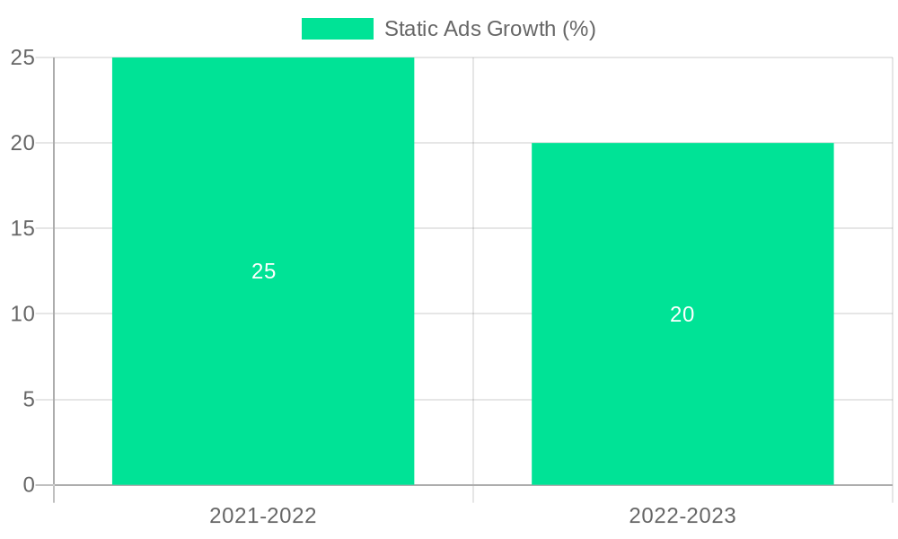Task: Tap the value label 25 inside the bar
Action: [x=263, y=271]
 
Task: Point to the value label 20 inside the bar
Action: [x=682, y=314]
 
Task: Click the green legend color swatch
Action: [x=337, y=29]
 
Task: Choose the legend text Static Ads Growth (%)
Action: [x=489, y=29]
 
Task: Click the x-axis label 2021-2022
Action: [x=263, y=516]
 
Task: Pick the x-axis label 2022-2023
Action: [x=682, y=516]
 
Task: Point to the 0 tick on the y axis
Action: [x=28, y=485]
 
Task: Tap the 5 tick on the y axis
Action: [x=28, y=400]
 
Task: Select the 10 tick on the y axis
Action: [x=22, y=314]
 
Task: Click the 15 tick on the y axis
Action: [x=22, y=228]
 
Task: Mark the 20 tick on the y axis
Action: [x=22, y=143]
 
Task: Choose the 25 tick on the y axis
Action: [x=22, y=57]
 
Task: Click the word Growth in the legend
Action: [x=522, y=29]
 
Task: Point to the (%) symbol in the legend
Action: [x=579, y=29]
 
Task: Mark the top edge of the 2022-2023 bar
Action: [x=682, y=144]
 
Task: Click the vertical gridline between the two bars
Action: [x=473, y=269]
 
